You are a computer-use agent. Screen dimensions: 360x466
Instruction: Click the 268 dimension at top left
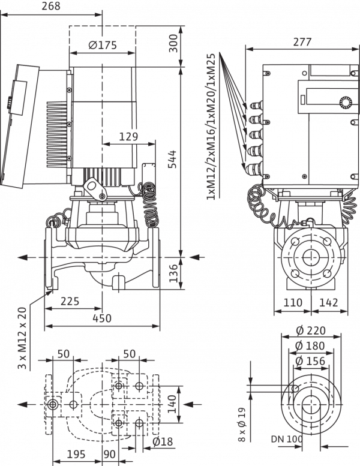[x=51, y=6]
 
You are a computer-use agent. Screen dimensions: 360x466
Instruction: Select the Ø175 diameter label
[x=103, y=45]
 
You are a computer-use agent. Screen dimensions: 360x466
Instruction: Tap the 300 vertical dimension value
[x=173, y=43]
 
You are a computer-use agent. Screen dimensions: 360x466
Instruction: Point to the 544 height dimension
[x=172, y=160]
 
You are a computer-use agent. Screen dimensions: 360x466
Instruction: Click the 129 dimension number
[x=128, y=136]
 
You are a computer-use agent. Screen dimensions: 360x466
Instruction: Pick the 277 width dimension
[x=302, y=42]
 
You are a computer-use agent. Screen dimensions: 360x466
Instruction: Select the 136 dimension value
[x=173, y=273]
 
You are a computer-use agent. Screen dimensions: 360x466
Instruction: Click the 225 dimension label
[x=70, y=301]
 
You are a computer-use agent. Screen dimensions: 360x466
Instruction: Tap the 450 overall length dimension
[x=102, y=318]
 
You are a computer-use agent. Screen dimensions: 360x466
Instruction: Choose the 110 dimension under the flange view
[x=293, y=302]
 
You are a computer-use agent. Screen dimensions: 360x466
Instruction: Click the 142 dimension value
[x=329, y=302]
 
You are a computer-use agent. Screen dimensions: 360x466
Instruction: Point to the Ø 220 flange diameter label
[x=311, y=330]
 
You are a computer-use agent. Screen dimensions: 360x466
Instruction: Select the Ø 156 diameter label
[x=310, y=361]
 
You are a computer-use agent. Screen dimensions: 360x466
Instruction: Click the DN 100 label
[x=287, y=438]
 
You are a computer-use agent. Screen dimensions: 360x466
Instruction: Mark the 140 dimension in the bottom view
[x=172, y=404]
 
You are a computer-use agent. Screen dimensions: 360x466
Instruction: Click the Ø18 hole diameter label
[x=163, y=441]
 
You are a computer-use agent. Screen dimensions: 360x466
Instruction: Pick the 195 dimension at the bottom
[x=76, y=455]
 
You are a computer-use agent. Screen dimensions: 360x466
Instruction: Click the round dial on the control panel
[x=346, y=103]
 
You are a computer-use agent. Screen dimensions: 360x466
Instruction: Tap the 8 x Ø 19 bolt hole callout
[x=242, y=425]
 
